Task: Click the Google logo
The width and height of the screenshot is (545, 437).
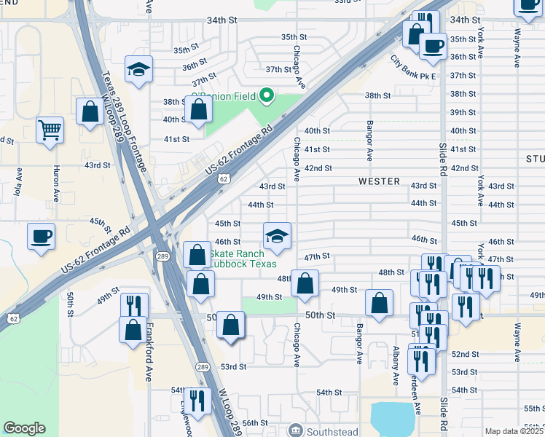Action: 25,428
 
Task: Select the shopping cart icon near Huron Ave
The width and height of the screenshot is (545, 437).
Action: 50,130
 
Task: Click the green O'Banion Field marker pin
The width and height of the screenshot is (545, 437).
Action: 267,95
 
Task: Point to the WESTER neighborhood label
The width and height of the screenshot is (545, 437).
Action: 379,181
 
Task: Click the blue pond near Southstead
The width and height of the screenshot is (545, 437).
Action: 393,419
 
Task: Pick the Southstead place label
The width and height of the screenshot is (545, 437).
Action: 332,431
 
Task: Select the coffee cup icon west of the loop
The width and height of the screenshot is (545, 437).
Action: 40,237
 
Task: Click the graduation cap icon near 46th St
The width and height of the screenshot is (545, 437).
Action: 276,235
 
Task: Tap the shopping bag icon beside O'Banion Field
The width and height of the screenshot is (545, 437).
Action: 198,111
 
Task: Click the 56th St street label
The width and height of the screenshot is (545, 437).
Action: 256,423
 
